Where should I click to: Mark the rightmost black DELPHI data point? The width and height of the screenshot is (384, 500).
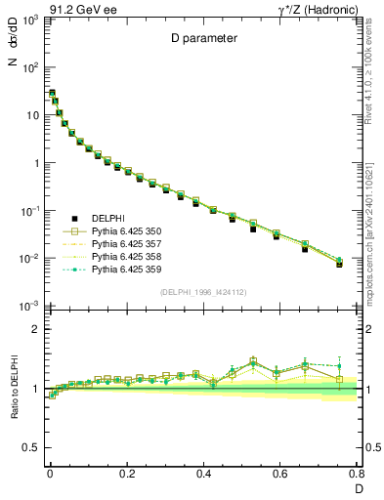339,265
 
